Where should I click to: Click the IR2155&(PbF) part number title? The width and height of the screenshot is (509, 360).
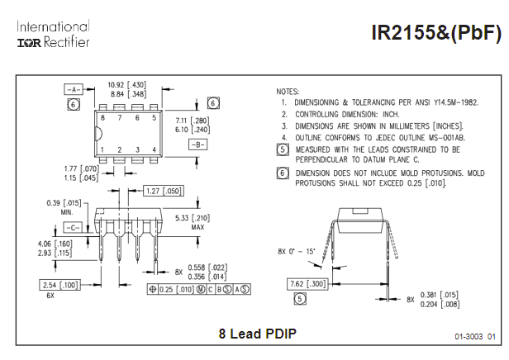pyautogui.click(x=436, y=34)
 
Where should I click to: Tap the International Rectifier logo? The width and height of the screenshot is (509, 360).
pyautogui.click(x=54, y=34)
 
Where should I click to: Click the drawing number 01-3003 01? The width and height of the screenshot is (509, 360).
pyautogui.click(x=475, y=337)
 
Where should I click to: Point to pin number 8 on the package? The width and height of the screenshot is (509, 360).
pyautogui.click(x=102, y=118)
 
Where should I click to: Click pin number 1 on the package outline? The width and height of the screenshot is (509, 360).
pyautogui.click(x=102, y=149)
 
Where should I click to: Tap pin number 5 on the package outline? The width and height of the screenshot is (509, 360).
pyautogui.click(x=154, y=118)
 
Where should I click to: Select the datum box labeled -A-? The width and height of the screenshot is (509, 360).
pyautogui.click(x=74, y=88)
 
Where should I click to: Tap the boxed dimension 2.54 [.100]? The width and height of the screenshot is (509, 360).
pyautogui.click(x=59, y=284)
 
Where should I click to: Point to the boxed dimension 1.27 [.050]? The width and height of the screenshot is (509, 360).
pyautogui.click(x=163, y=192)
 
